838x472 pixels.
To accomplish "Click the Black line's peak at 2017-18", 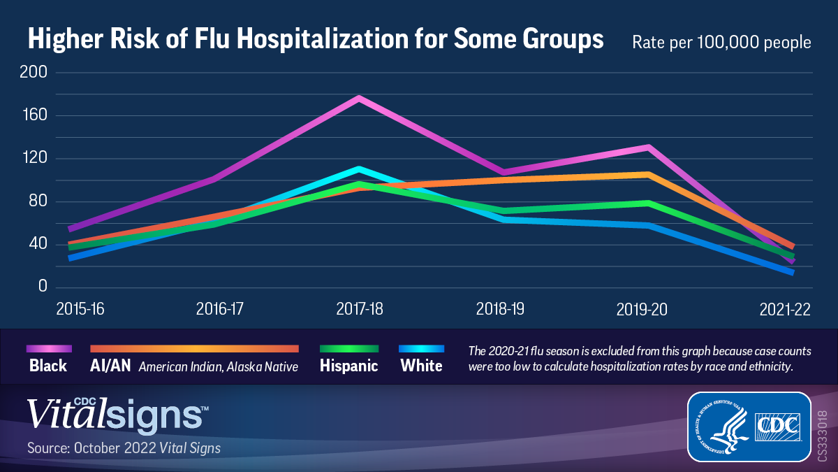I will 360,99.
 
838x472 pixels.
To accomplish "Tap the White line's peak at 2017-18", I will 360,169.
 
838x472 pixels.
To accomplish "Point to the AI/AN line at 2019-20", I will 649,174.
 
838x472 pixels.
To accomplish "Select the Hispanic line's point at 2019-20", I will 649,203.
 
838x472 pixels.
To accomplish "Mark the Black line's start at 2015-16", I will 71,229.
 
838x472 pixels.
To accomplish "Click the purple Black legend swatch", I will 49,348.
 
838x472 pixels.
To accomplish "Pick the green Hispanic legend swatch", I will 348,348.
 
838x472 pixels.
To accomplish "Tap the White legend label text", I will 421,366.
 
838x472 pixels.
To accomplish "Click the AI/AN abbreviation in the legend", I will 111,366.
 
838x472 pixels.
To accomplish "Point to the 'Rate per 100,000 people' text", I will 721,42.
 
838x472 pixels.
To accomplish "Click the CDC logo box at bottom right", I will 749,427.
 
